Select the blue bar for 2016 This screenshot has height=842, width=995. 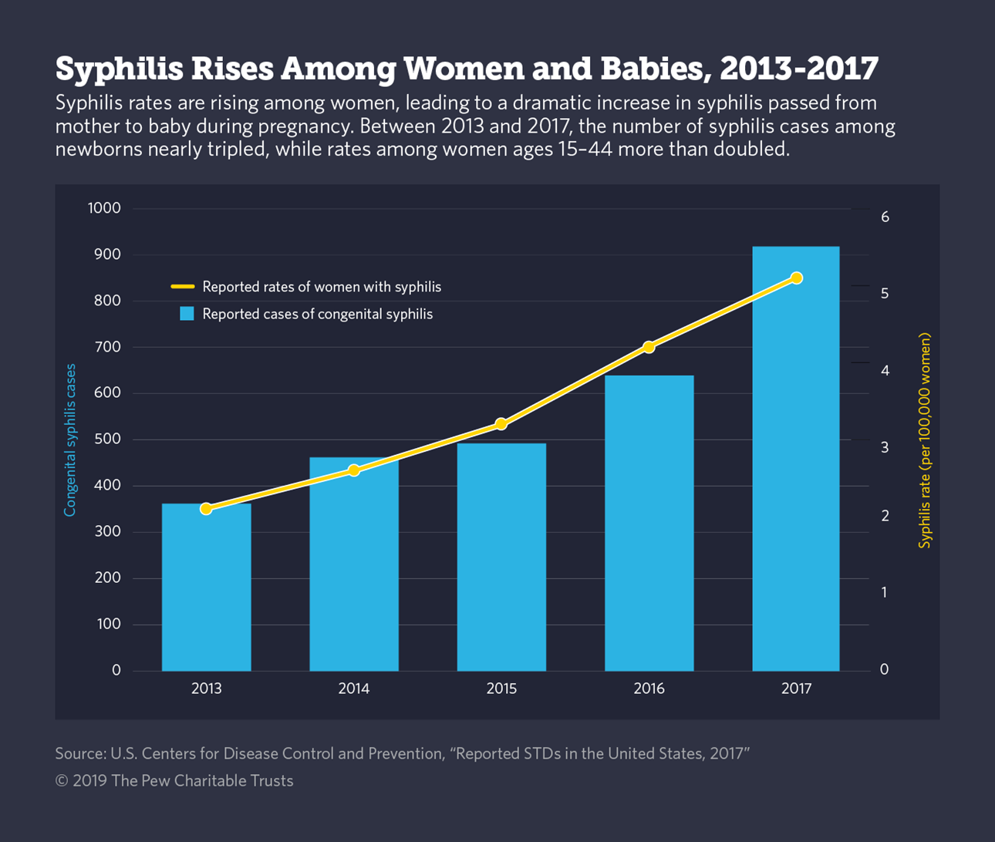pyautogui.click(x=649, y=524)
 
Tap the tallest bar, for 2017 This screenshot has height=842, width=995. pyautogui.click(x=796, y=463)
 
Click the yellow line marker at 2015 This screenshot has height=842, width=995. pyautogui.click(x=501, y=424)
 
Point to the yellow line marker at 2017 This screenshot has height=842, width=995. pyautogui.click(x=797, y=278)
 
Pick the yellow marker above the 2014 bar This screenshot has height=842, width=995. pyautogui.click(x=354, y=470)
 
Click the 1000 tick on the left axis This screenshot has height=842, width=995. pyautogui.click(x=104, y=208)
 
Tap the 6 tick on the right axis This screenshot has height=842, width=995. pyautogui.click(x=885, y=217)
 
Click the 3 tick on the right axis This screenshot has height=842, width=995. pyautogui.click(x=885, y=447)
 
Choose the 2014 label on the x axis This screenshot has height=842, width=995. pyautogui.click(x=353, y=689)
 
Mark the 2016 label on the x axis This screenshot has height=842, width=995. pyautogui.click(x=649, y=689)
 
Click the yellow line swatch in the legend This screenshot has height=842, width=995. pyautogui.click(x=183, y=287)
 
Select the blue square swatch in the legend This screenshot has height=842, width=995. pyautogui.click(x=187, y=314)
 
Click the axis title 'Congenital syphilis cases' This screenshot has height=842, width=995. pyautogui.click(x=70, y=440)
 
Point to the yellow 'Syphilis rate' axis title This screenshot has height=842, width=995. pyautogui.click(x=925, y=440)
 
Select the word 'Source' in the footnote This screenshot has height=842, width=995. pyautogui.click(x=79, y=753)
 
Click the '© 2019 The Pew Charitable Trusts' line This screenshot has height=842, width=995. pyautogui.click(x=174, y=781)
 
